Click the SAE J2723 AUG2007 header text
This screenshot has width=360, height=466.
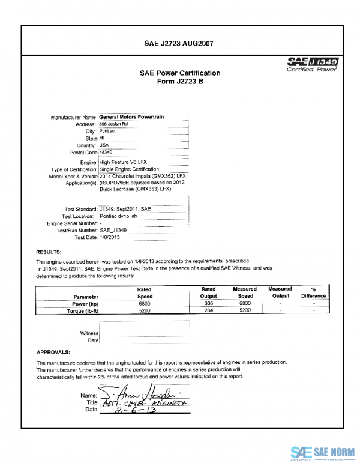coord(179,43)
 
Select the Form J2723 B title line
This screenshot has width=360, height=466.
coord(179,82)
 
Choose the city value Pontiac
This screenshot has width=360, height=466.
coord(107,131)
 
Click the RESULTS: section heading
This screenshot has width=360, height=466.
coord(47,252)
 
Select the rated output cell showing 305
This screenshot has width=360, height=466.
coord(208,303)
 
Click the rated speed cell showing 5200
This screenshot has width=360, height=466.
coord(145,311)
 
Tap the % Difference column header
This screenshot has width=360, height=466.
coord(313,292)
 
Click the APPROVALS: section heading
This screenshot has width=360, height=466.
coord(53,351)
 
